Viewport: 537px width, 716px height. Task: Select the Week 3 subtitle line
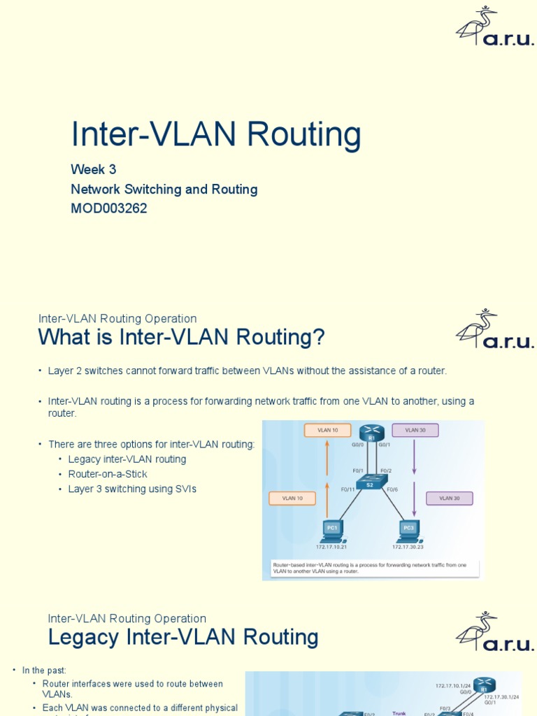tap(93, 169)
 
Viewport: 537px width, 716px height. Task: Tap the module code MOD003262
tap(108, 208)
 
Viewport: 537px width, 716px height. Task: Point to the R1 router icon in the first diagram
tap(372, 433)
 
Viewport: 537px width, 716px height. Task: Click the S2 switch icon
tap(371, 482)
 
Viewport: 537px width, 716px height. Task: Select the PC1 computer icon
tap(331, 529)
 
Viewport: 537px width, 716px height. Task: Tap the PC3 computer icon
tap(408, 529)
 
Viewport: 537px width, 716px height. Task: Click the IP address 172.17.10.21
tap(331, 547)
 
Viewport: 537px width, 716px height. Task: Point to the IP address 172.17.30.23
tap(408, 547)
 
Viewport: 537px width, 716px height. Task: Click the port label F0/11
tap(348, 489)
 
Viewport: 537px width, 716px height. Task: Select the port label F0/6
tap(392, 489)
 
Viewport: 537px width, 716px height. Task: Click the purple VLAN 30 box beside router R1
tap(415, 430)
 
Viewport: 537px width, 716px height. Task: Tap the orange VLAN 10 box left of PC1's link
tap(292, 498)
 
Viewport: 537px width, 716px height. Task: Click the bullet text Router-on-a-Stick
tap(108, 474)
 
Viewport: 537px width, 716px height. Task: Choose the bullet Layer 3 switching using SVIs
tap(132, 489)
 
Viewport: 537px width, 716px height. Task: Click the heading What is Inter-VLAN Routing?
tap(181, 337)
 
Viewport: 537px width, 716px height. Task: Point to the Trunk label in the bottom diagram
tap(399, 713)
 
